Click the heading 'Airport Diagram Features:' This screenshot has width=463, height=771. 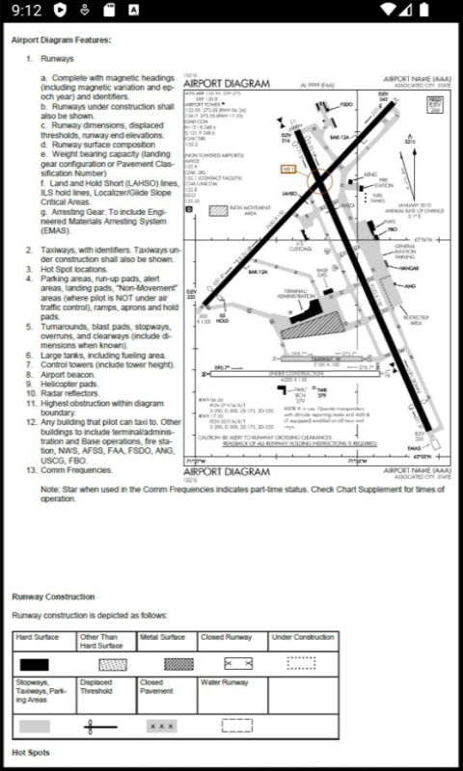(x=61, y=40)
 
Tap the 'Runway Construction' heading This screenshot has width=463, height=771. (x=53, y=597)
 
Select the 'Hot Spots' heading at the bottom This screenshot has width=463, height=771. (x=32, y=752)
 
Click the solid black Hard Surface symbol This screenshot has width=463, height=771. (x=35, y=664)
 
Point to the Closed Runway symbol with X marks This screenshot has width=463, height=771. (x=237, y=664)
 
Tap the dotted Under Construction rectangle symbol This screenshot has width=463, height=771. (x=301, y=663)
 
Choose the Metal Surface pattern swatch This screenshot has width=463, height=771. (x=166, y=664)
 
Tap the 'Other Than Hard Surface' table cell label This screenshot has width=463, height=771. (x=101, y=641)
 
